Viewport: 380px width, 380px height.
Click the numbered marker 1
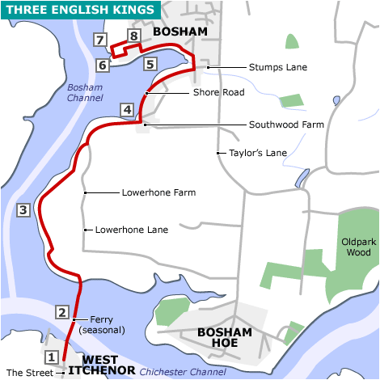[x=50, y=357]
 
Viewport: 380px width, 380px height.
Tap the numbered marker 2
[x=62, y=312]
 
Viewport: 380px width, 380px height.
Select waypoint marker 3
[x=23, y=210]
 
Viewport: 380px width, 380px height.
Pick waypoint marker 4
[x=127, y=109]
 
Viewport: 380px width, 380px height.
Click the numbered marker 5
[x=150, y=63]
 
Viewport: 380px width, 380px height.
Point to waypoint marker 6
[x=103, y=65]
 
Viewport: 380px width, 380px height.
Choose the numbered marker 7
[x=100, y=40]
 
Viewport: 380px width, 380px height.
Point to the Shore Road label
[x=218, y=93]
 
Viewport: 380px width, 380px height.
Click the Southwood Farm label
[x=286, y=125]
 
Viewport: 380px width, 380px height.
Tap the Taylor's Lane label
[x=258, y=152]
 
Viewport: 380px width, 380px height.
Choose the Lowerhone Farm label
[x=159, y=193]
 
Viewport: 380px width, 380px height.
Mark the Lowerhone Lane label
[x=132, y=230]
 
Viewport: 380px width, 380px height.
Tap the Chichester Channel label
[x=183, y=372]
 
